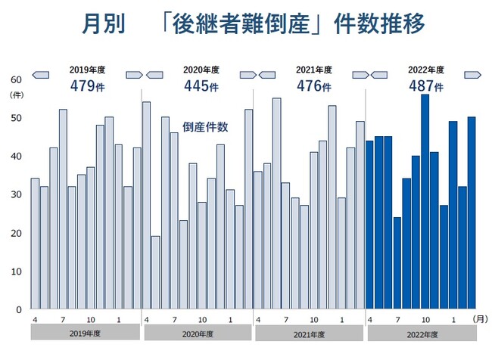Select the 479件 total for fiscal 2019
tap(86, 85)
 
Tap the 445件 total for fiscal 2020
tap(201, 85)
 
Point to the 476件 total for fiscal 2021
tap(313, 85)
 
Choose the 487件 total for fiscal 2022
tap(425, 85)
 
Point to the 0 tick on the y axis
tap(19, 309)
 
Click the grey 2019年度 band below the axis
tap(85, 333)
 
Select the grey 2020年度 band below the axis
tap(198, 333)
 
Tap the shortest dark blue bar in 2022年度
tap(397, 263)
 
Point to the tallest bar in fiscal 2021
tap(276, 203)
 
